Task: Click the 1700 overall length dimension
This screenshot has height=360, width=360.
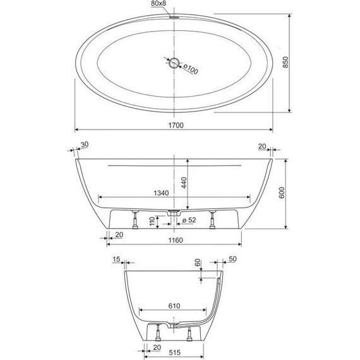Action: tap(176, 126)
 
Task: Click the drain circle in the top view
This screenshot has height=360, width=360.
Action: tap(174, 61)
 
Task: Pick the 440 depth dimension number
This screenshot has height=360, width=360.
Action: tap(184, 184)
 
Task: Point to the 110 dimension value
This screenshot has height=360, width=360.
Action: tap(152, 222)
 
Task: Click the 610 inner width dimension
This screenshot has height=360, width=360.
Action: tap(175, 306)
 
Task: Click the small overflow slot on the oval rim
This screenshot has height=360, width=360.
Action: tap(173, 17)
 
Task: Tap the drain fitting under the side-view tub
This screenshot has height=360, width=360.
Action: tap(174, 213)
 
